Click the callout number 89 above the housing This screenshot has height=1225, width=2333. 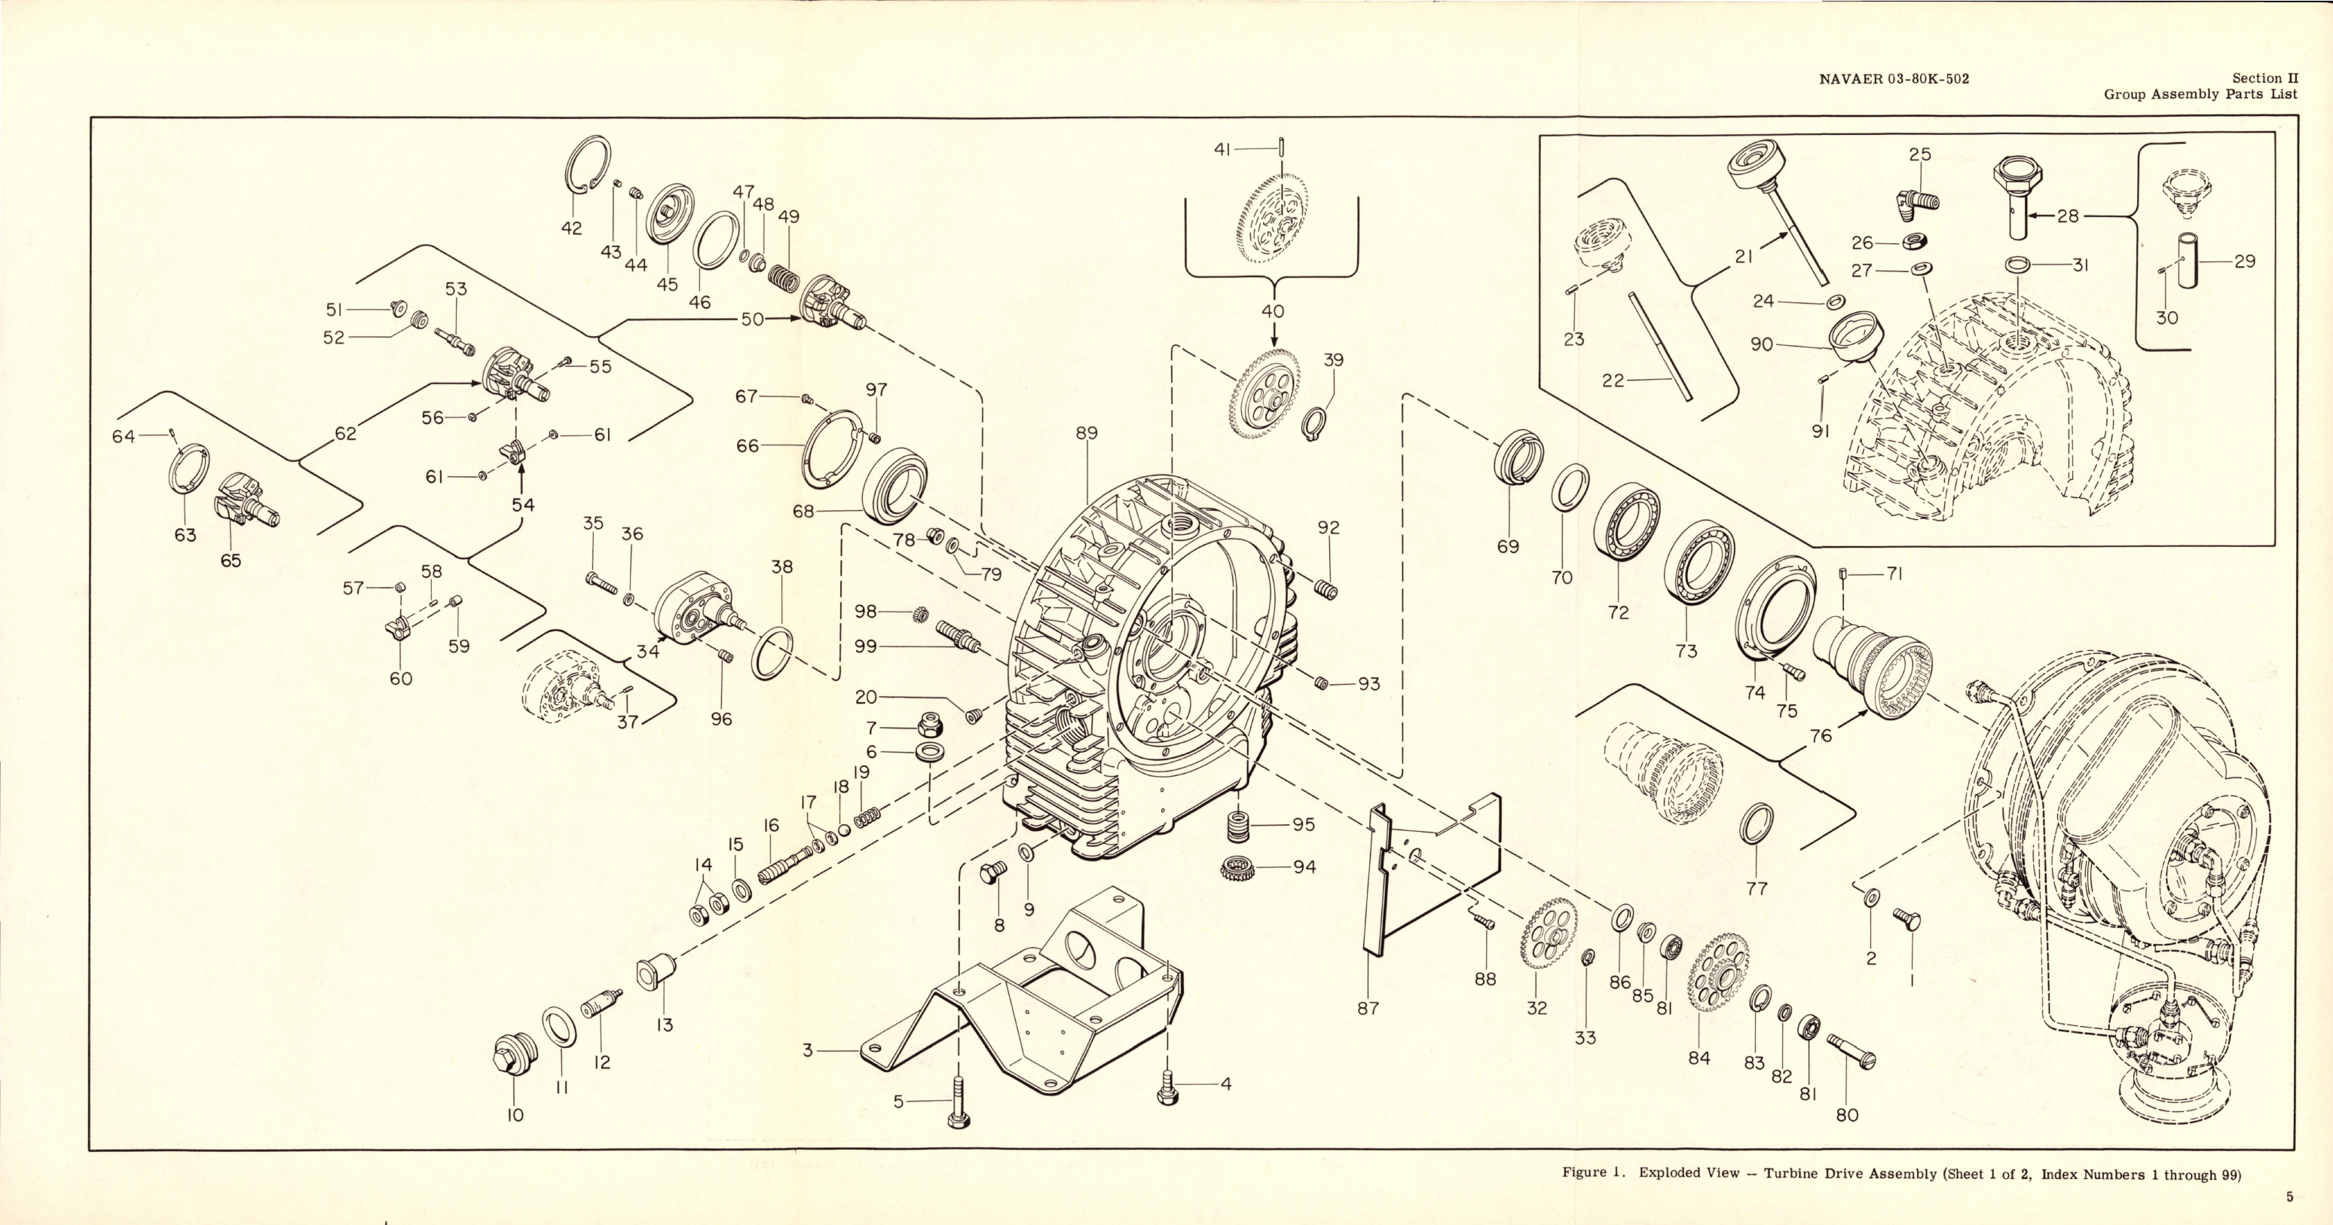(1086, 434)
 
